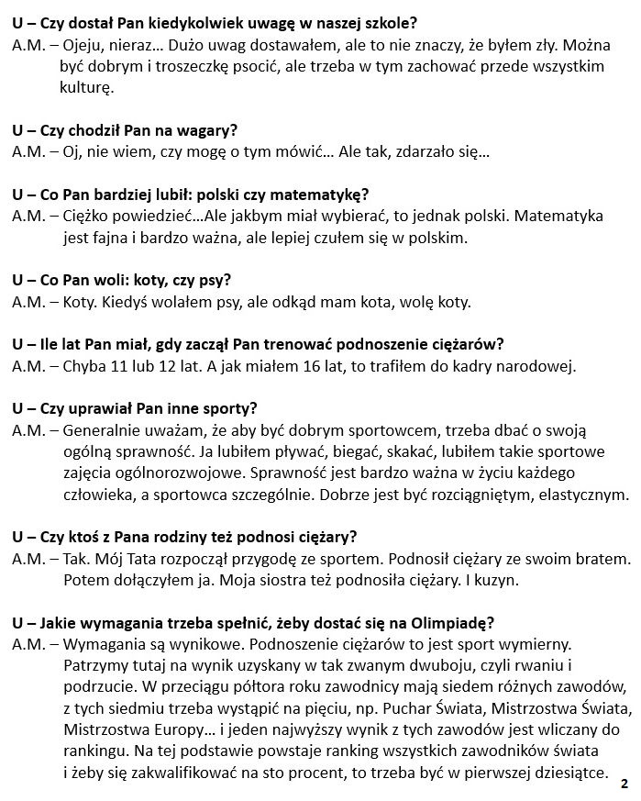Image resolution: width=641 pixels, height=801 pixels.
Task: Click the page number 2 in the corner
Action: click(x=624, y=784)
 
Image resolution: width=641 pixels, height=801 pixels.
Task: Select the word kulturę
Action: click(x=86, y=89)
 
